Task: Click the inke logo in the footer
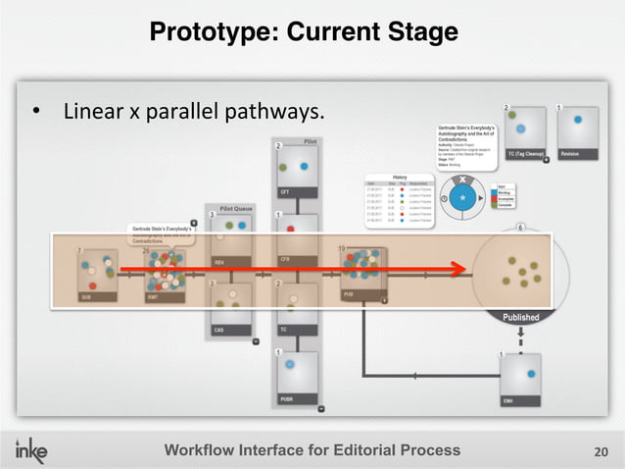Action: tap(37, 449)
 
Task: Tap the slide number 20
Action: tap(601, 451)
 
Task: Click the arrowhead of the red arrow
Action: tap(458, 266)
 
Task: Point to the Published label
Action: tap(520, 317)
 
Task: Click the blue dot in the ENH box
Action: tap(530, 374)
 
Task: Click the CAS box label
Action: tap(219, 330)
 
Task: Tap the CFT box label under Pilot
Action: tap(286, 191)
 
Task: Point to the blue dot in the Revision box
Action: tap(578, 120)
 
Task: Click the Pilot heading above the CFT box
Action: tap(310, 141)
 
